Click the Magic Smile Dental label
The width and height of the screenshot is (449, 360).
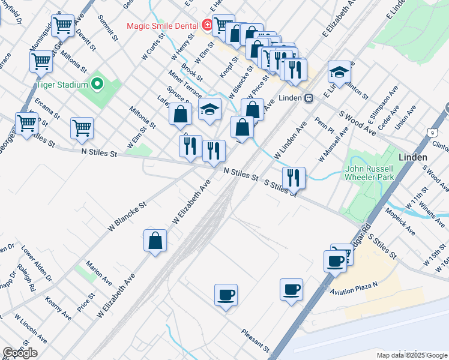click(163, 26)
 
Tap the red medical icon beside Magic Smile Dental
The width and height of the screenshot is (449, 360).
click(207, 25)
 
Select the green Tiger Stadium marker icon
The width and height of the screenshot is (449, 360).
click(96, 84)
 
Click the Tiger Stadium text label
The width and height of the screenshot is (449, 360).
click(62, 85)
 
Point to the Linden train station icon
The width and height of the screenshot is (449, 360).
click(309, 98)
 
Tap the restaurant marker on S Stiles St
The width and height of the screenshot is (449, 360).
click(294, 178)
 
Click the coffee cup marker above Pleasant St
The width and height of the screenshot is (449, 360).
click(226, 295)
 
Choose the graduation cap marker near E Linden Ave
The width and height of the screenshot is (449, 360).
click(339, 73)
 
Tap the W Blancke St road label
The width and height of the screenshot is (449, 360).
click(127, 217)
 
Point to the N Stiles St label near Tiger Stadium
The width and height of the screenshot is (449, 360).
click(99, 154)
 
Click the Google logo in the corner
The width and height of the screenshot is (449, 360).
click(20, 353)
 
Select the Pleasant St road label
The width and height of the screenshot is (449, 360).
click(255, 340)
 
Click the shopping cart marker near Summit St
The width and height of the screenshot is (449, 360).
click(62, 25)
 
